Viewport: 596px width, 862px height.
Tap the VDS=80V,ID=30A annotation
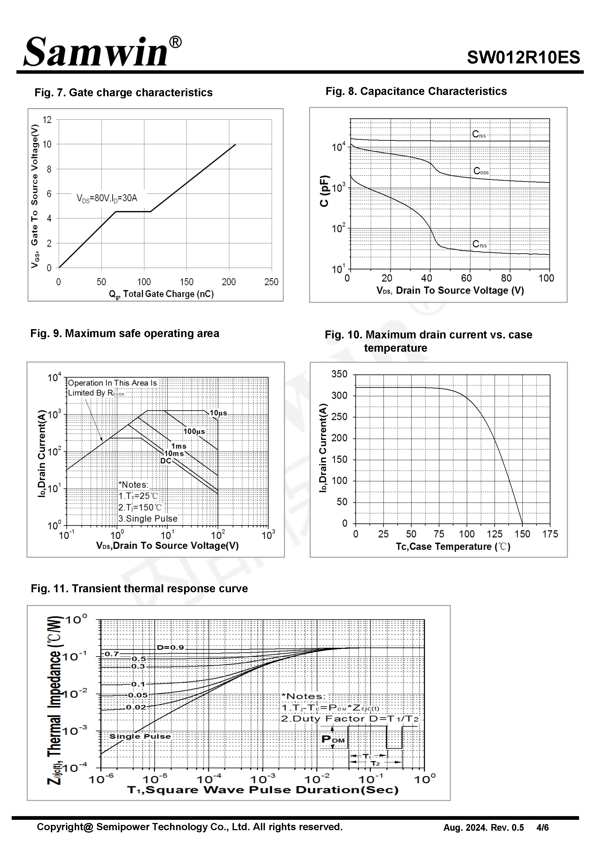(107, 198)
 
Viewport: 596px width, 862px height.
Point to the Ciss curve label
(479, 134)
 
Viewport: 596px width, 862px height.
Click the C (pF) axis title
(324, 191)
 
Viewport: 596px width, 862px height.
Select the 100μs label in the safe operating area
(194, 431)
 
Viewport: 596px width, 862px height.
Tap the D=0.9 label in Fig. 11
(170, 647)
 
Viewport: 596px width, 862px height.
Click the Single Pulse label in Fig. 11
(140, 736)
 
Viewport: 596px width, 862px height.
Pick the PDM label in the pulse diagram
(333, 739)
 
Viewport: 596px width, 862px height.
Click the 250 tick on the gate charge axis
(272, 282)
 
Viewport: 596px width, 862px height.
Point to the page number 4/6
(542, 828)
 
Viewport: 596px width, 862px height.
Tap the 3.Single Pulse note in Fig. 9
(148, 519)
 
